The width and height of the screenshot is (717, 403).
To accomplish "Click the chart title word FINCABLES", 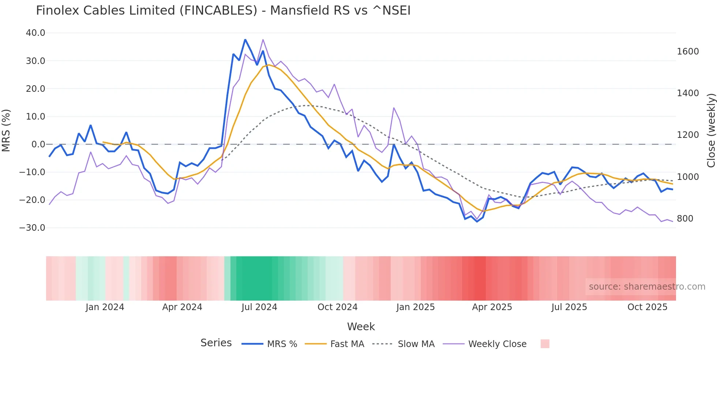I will point(218,11).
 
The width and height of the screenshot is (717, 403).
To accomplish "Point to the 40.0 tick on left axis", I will point(35,33).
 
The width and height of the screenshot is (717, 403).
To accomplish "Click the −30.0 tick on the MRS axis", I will point(32,228).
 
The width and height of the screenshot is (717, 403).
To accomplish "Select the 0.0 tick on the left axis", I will point(38,144).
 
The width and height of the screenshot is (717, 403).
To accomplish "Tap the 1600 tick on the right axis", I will point(688,52).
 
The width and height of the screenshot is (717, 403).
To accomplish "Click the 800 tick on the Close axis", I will point(685,219).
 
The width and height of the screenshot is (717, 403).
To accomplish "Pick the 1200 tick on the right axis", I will point(688,135).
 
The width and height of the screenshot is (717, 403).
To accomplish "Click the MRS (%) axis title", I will point(6,130).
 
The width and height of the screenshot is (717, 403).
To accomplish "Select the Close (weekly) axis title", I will point(711,130).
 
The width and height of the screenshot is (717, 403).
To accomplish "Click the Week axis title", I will point(361,327).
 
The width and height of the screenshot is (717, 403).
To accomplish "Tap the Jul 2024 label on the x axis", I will point(259,307).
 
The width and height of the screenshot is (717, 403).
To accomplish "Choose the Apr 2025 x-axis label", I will point(492,307).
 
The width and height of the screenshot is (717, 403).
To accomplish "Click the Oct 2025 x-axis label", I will point(647,307).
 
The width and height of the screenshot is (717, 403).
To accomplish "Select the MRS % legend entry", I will point(282,344).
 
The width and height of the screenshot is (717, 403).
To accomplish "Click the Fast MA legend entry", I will point(347,344).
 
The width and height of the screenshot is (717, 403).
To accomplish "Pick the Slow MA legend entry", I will point(416,344).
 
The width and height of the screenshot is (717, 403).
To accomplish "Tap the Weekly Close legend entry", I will point(497,344).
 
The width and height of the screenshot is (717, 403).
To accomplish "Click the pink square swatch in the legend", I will point(545,344).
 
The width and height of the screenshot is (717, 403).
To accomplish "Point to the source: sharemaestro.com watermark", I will point(647,287).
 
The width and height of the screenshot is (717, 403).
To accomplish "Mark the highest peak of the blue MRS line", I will point(245,39).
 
